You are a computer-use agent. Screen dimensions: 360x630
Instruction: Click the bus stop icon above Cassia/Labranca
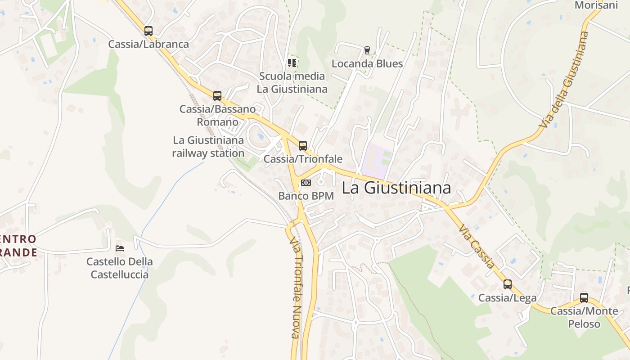click(x=148, y=31)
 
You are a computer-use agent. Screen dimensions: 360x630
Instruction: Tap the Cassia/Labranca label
click(x=148, y=44)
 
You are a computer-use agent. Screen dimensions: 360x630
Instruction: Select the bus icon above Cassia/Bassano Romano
click(x=217, y=95)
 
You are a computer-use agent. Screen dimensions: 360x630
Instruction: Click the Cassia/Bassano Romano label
click(x=217, y=115)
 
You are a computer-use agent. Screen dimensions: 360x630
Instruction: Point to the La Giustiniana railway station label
click(x=208, y=147)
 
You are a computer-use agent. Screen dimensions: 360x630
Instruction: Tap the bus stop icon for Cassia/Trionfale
click(x=303, y=146)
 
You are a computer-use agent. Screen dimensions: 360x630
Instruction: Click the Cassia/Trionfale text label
click(x=303, y=159)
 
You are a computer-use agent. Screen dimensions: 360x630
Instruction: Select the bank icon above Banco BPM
click(x=306, y=183)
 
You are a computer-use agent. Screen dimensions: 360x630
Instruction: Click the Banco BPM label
click(x=306, y=196)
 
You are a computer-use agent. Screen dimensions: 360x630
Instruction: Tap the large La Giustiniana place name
click(x=396, y=188)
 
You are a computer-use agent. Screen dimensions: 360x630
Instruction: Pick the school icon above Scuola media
click(x=292, y=63)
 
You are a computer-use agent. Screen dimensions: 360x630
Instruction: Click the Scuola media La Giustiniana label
click(x=292, y=82)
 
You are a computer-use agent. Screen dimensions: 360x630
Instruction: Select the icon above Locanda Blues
click(x=367, y=50)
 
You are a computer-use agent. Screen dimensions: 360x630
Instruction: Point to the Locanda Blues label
click(x=367, y=63)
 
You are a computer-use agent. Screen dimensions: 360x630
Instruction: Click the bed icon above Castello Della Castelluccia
click(x=120, y=248)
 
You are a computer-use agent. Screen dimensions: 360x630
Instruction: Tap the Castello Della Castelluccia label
click(x=120, y=268)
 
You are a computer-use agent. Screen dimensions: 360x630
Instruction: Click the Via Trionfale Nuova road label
click(x=295, y=288)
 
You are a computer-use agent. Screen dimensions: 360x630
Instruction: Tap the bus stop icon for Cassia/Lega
click(x=508, y=284)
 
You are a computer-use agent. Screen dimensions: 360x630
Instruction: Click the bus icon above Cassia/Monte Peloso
click(x=584, y=298)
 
